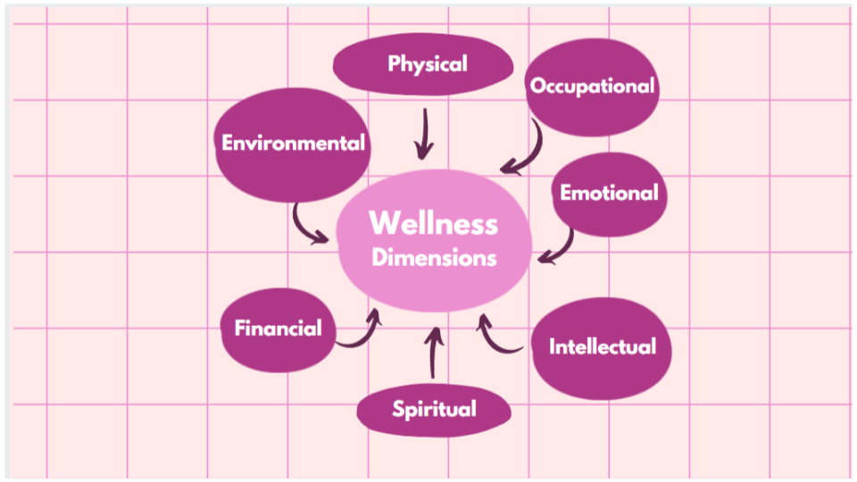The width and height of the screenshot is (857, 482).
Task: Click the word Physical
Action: click(x=428, y=64)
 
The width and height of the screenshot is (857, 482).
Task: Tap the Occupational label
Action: click(x=593, y=87)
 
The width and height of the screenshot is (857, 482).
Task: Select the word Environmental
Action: click(x=293, y=143)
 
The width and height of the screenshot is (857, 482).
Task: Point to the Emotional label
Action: click(x=609, y=193)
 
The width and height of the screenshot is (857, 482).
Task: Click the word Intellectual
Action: click(x=602, y=346)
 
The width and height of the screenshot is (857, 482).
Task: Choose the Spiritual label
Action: click(x=434, y=410)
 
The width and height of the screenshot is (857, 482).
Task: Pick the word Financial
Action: click(x=278, y=328)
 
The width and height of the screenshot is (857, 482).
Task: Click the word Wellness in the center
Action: click(x=433, y=223)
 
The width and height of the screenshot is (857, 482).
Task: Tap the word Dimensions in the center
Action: click(x=434, y=258)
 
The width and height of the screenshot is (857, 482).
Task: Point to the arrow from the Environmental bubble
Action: click(x=308, y=225)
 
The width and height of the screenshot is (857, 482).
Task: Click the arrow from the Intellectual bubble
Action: click(x=496, y=334)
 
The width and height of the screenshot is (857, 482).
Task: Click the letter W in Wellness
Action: click(x=383, y=223)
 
